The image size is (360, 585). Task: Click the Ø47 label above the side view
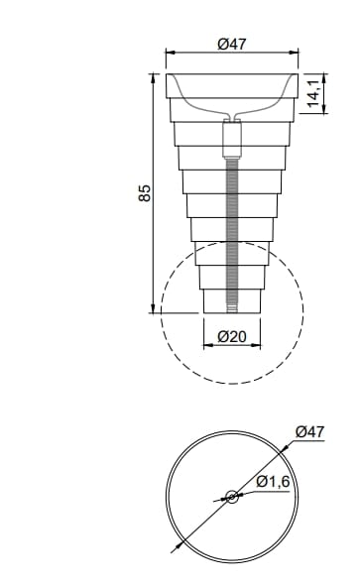pos(231,44)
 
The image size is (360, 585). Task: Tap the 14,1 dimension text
pos(314,93)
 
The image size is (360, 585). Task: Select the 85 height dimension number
pos(144,192)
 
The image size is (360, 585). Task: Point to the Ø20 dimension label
pos(231,336)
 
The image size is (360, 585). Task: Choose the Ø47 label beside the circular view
pos(309,431)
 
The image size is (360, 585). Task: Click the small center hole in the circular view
pos(231,497)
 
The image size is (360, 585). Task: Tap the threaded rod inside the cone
pos(231,228)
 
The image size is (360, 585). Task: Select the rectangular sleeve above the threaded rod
pos(231,138)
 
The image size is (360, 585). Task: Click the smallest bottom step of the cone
pos(231,299)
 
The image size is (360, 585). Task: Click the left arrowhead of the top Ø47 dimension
pos(170,54)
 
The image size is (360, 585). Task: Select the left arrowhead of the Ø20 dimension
pos(206,347)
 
